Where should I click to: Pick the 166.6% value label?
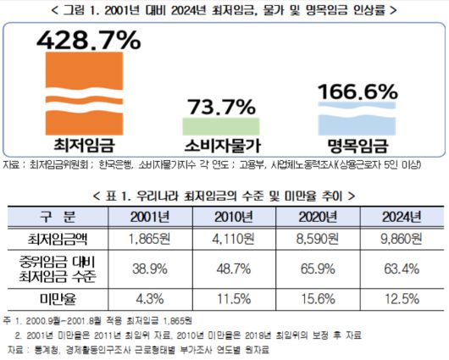356,89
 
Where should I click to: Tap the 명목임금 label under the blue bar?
356,145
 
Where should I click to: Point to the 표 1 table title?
224,194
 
